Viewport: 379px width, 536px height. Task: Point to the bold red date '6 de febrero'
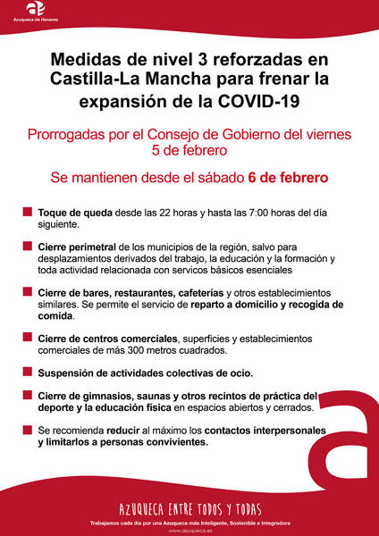288,177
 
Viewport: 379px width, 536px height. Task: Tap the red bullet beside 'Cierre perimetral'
28,247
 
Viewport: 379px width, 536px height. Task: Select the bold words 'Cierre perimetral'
77,247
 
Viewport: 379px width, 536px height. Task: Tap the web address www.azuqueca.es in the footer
189,530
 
